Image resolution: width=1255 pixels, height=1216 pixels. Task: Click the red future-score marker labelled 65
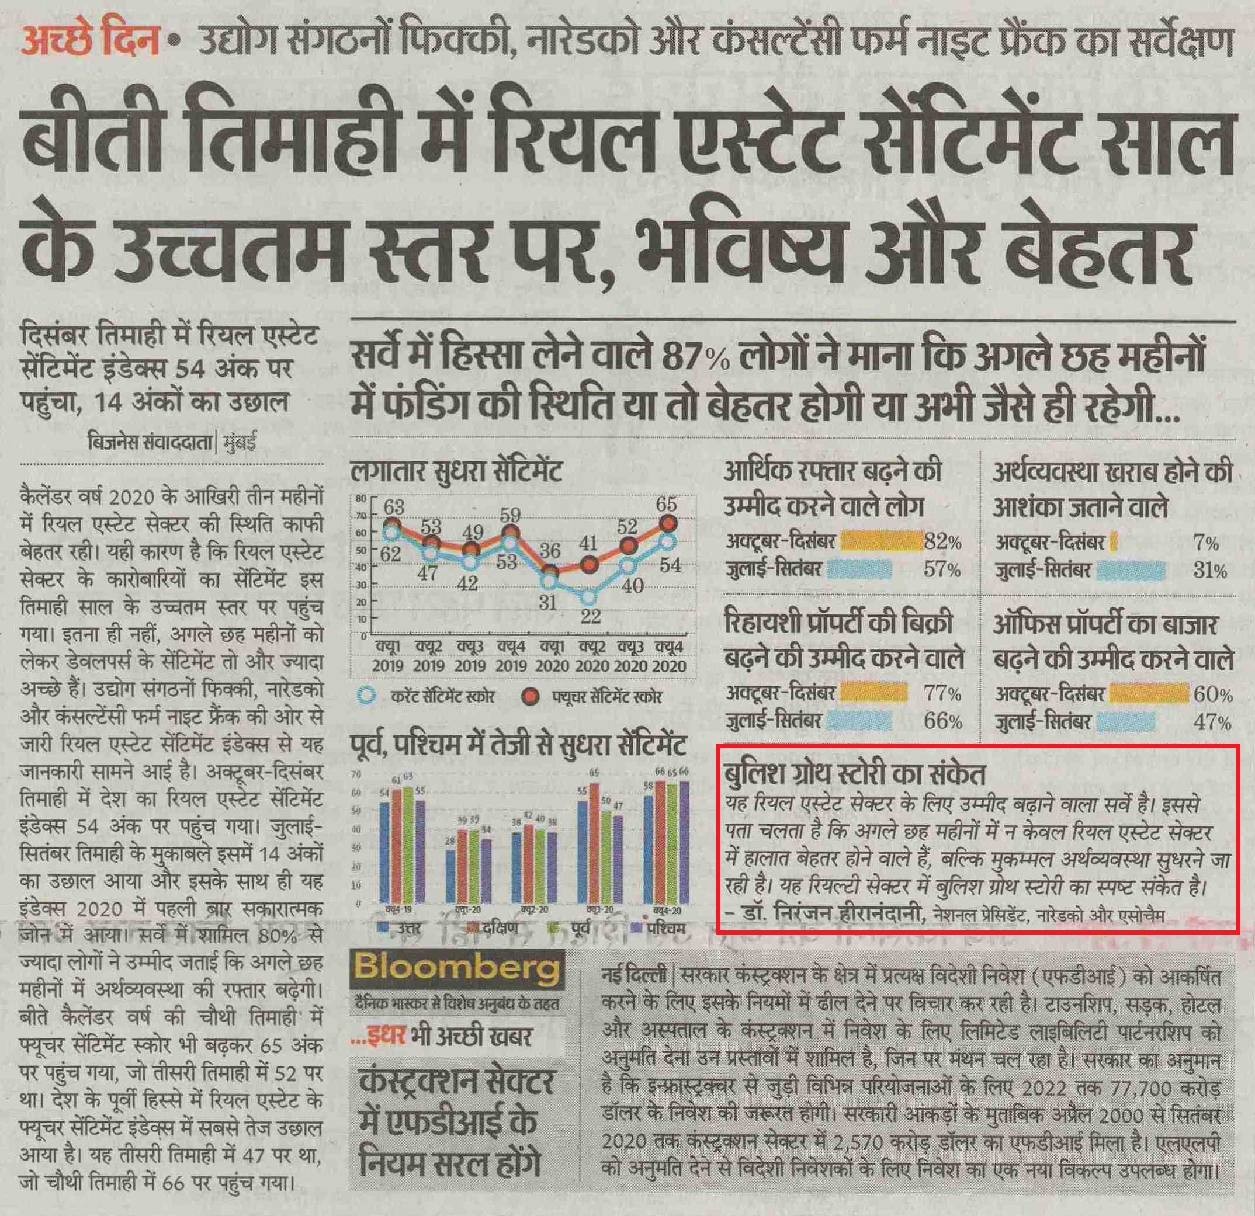click(668, 523)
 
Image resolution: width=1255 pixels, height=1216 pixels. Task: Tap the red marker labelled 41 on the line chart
click(590, 564)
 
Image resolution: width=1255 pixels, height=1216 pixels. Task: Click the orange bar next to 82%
click(881, 542)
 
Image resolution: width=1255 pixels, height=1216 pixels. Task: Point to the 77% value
click(942, 693)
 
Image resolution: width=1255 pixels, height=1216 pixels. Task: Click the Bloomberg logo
click(456, 968)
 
